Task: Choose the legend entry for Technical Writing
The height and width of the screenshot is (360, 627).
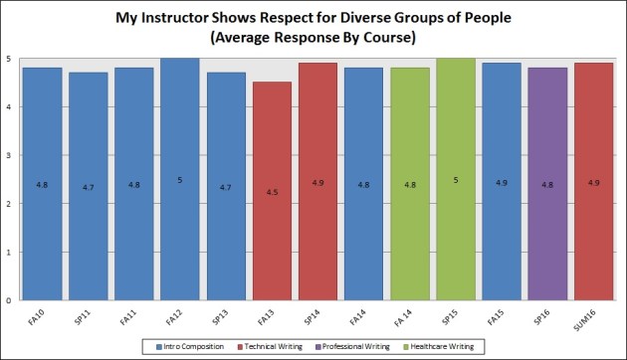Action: (x=274, y=346)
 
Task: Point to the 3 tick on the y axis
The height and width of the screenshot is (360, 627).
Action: (x=9, y=155)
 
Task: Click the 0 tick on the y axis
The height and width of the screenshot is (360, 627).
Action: (x=9, y=300)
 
